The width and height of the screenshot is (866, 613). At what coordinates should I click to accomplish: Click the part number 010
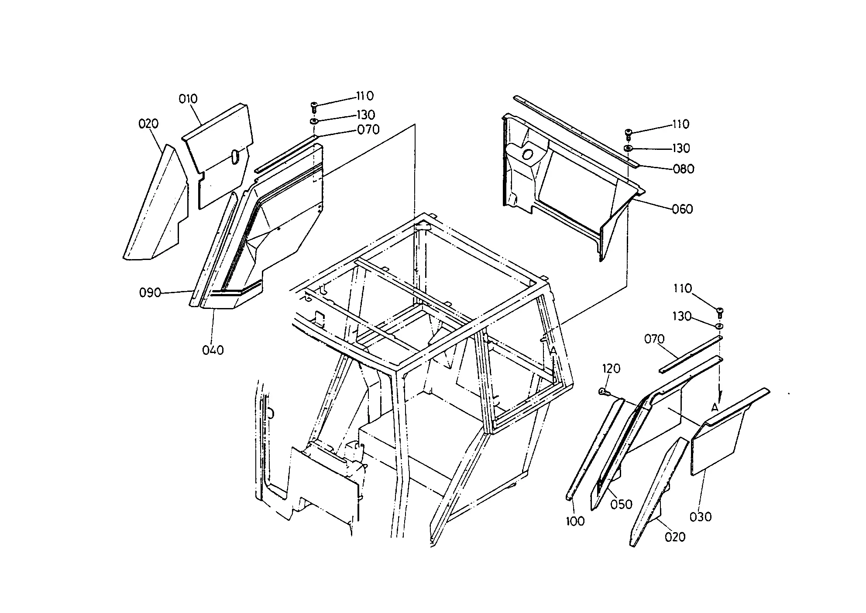coord(188,99)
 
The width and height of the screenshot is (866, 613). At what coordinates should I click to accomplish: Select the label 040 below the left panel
coord(213,350)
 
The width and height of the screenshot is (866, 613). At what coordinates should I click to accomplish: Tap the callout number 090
coord(150,292)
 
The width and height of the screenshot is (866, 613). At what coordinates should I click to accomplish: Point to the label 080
coord(684,169)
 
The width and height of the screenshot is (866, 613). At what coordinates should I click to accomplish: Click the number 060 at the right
coord(683,209)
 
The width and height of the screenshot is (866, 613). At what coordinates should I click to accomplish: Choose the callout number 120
coord(611,369)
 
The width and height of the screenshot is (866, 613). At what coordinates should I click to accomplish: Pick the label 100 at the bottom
coord(575,521)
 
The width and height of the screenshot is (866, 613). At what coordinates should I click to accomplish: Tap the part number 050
coord(621,505)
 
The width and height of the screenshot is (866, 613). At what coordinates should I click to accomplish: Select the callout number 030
coord(701,517)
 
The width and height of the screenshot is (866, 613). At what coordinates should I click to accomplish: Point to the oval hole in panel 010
coord(234,156)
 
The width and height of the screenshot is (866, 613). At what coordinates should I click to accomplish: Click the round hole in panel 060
coord(528,155)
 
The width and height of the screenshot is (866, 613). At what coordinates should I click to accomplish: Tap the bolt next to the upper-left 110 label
coord(314,106)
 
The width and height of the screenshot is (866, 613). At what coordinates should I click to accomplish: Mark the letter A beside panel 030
coord(715,408)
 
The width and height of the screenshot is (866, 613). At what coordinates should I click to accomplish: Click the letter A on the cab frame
coord(553,350)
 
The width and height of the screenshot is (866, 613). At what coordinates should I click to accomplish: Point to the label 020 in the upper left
coord(148,124)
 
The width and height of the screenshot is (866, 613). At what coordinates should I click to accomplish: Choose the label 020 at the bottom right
coord(675,537)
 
